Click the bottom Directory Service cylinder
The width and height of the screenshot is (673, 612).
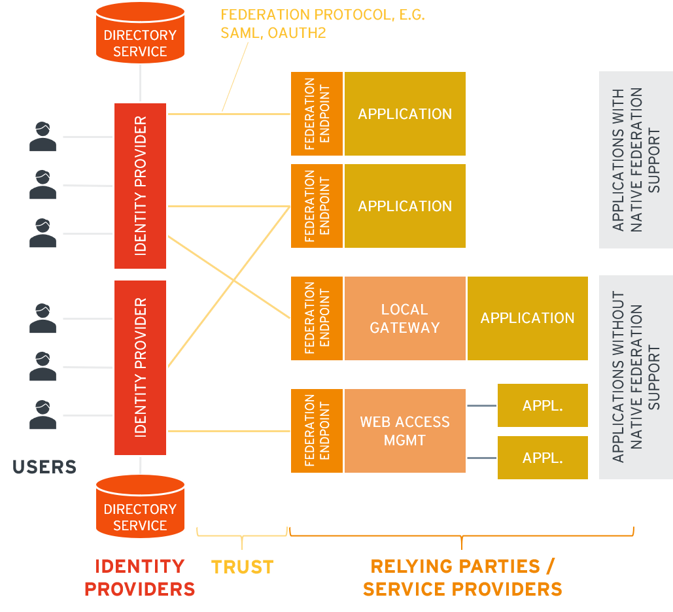coord(140,508)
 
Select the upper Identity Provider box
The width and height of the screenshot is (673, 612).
coord(140,186)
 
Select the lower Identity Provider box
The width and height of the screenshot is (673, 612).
coord(140,367)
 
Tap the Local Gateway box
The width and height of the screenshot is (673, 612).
coord(404,318)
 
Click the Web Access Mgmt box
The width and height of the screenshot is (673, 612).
coord(404,431)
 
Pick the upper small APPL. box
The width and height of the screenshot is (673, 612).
coord(542,405)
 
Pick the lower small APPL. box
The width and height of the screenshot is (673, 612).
coord(542,458)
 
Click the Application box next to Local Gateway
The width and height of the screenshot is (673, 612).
coord(527,318)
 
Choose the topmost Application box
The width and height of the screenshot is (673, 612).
coord(404,114)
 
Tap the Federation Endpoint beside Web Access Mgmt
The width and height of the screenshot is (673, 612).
coord(317,431)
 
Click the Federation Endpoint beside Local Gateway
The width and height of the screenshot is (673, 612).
coord(317,318)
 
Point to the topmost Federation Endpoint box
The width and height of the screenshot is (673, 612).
coord(317,114)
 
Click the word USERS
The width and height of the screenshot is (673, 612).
coord(44,467)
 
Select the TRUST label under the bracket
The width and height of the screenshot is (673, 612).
coord(242,567)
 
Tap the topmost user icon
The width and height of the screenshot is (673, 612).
coord(43,137)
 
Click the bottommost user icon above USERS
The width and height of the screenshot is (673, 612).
coord(43,415)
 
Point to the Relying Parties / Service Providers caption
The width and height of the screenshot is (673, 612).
coord(462,577)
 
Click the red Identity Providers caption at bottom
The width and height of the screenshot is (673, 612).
coord(139,577)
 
